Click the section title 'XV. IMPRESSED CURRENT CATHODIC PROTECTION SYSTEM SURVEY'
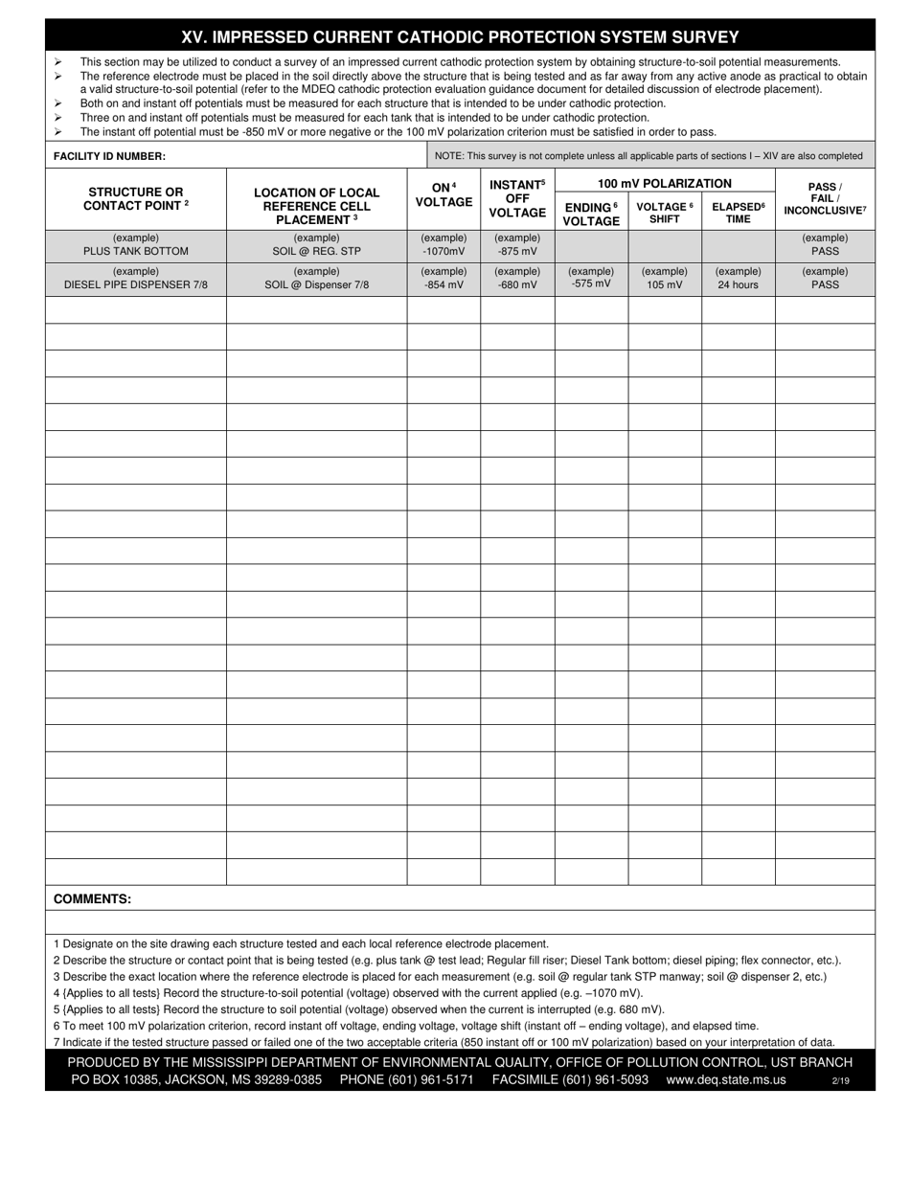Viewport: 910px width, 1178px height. pos(460,37)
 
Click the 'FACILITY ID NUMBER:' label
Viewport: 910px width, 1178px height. pos(109,155)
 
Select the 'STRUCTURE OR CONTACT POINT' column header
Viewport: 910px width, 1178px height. pos(135,199)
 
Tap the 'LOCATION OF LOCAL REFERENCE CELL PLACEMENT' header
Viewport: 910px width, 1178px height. pos(316,206)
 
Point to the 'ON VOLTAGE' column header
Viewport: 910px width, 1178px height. pos(444,195)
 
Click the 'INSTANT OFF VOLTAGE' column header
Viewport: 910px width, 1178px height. pos(517,198)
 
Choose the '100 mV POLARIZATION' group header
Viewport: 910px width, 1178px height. pos(665,183)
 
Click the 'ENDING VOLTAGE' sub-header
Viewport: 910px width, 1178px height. pos(590,215)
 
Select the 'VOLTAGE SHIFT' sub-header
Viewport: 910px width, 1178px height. pos(665,213)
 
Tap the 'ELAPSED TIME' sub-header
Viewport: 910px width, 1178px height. pos(738,213)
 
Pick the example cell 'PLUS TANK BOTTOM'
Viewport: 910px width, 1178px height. pos(135,251)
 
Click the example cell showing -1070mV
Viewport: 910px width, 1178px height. pos(444,251)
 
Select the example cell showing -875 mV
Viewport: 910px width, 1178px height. pos(517,251)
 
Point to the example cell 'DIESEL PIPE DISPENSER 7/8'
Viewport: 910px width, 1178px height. pos(135,284)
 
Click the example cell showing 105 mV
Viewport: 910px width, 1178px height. pos(665,284)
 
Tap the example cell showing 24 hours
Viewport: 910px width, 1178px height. pos(738,284)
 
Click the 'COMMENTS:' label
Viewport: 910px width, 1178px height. pos(92,898)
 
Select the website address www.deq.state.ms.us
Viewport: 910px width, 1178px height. pos(725,1079)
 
